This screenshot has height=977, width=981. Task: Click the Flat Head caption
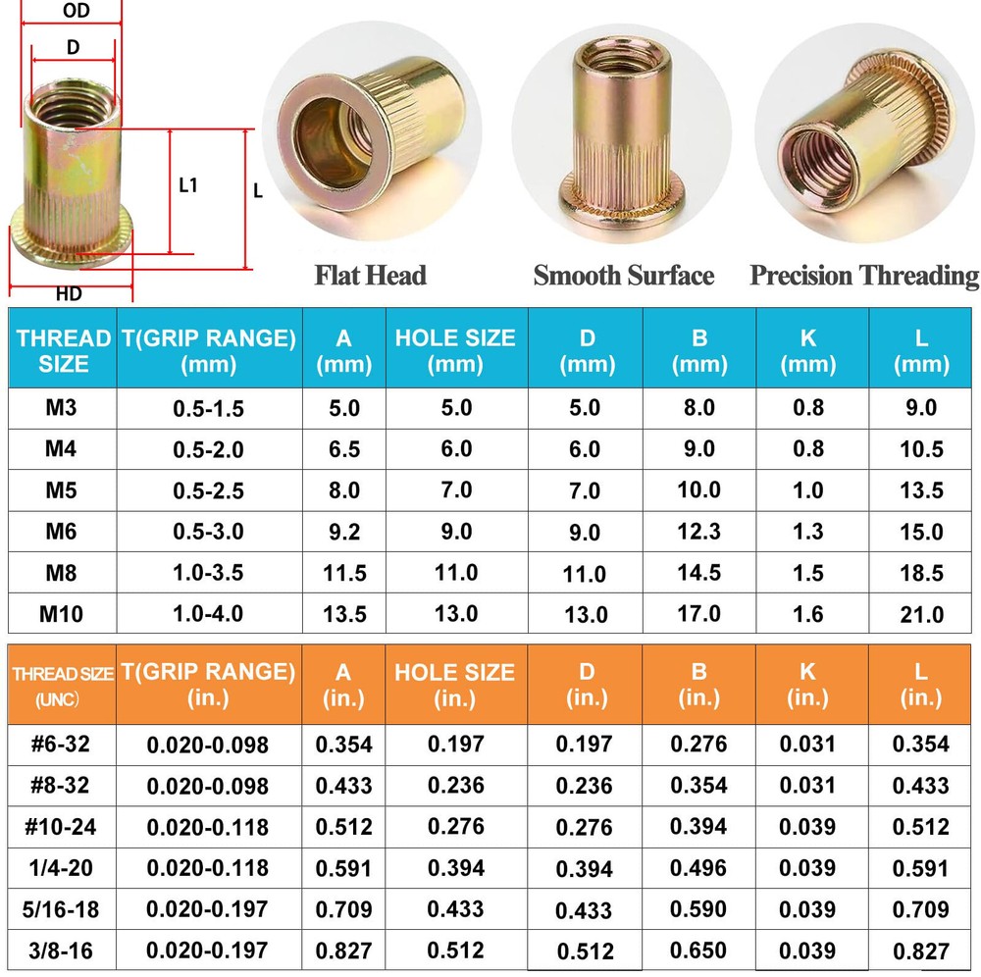[x=370, y=276]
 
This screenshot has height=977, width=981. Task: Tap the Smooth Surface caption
[x=623, y=276]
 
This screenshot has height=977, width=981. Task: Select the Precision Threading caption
[x=864, y=276]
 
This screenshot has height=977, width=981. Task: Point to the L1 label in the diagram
[x=188, y=184]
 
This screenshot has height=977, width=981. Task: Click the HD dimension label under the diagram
[x=69, y=293]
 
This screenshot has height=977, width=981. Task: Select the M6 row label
[x=62, y=531]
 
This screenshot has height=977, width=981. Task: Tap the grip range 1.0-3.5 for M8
[x=208, y=573]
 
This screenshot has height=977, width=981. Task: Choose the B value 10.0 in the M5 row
[x=698, y=489]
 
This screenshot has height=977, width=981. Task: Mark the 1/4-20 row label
[x=62, y=867]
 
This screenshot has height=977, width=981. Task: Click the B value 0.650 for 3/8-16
[x=698, y=950]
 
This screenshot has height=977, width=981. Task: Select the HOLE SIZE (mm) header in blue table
[x=455, y=351]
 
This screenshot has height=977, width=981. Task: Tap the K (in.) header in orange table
[x=807, y=684]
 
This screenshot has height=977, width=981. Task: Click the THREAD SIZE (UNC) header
[x=62, y=685]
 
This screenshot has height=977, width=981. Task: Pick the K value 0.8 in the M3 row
[x=807, y=408]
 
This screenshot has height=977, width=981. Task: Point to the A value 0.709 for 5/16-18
[x=343, y=908]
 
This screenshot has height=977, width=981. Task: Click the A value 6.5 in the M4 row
[x=343, y=449]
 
